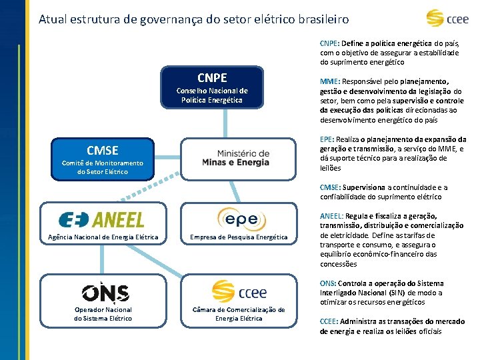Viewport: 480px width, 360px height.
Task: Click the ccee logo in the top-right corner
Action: point(448,18)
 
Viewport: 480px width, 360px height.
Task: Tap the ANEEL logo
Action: point(101,220)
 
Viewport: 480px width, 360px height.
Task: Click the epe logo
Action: point(241,219)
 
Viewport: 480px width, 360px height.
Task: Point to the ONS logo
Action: point(105,292)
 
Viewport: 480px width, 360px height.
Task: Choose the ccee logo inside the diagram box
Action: point(239,291)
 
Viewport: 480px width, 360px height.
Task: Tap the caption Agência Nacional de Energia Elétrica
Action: point(103,237)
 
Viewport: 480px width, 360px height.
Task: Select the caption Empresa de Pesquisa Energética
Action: point(239,237)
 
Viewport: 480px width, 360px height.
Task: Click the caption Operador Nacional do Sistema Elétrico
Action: point(103,314)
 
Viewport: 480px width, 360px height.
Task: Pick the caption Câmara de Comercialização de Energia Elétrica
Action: point(239,314)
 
